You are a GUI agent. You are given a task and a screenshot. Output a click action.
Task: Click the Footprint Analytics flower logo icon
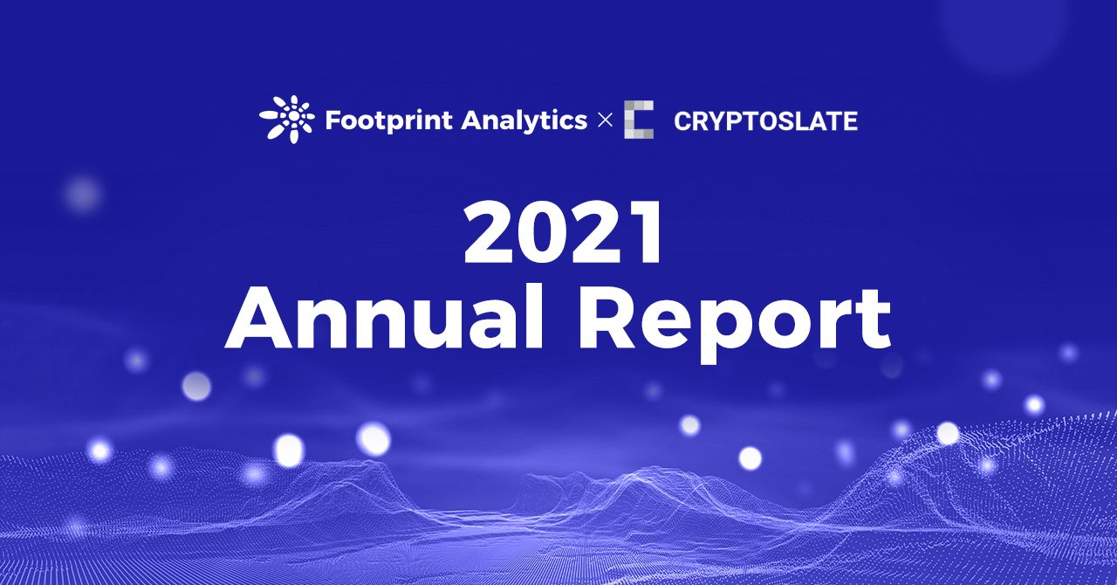tap(286, 120)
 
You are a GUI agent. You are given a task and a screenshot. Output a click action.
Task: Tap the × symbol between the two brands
tap(605, 120)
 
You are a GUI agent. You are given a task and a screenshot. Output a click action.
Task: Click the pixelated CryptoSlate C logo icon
tap(639, 120)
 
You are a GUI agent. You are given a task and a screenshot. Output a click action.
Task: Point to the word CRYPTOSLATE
tap(765, 121)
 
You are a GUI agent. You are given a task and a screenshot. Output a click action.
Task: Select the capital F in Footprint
tap(332, 120)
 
